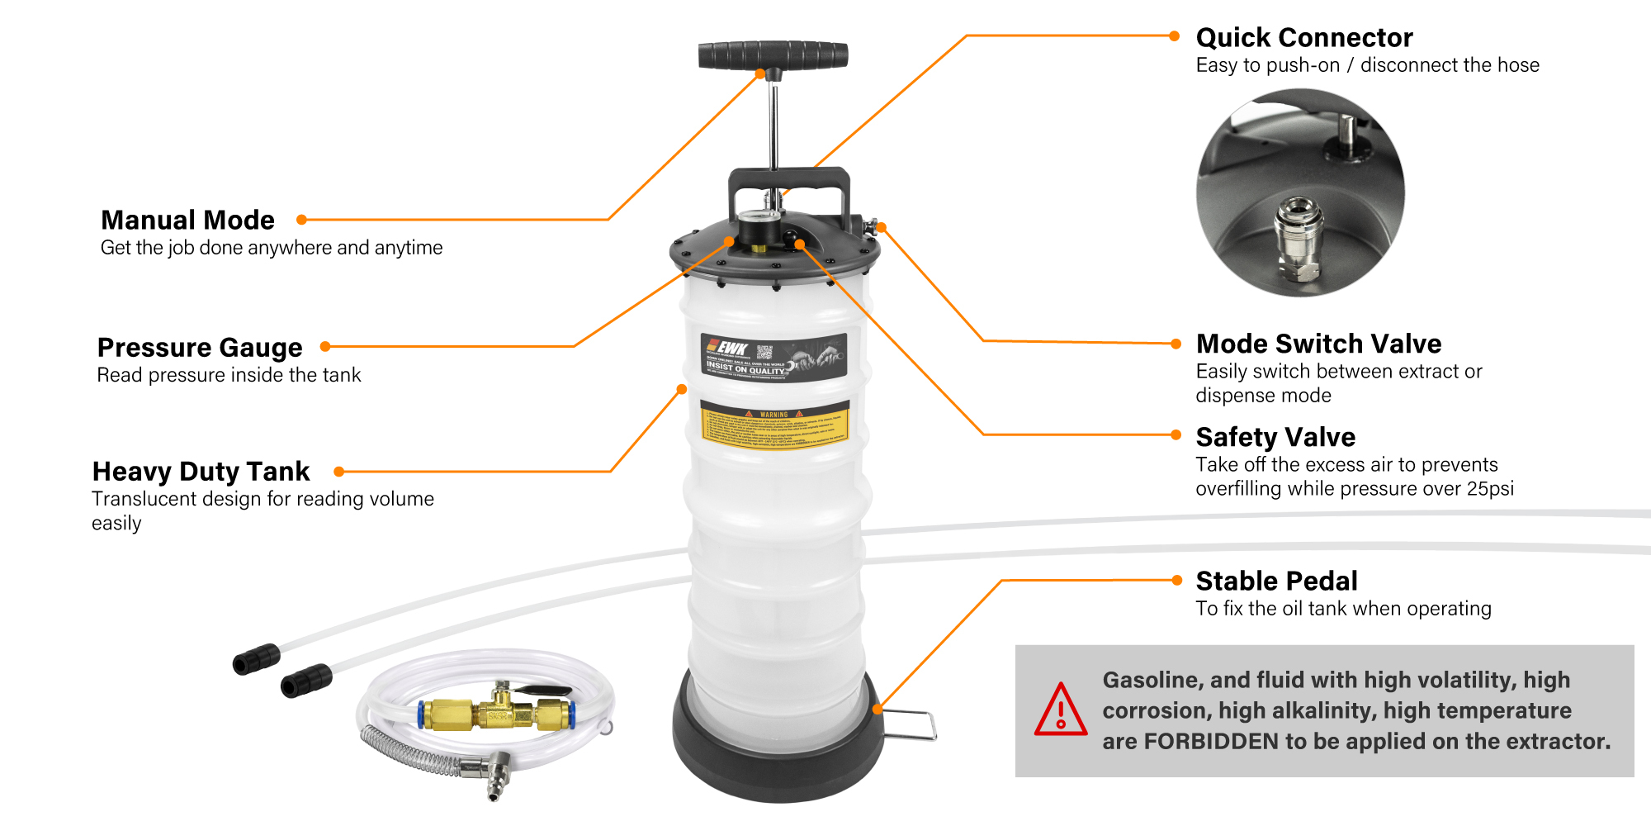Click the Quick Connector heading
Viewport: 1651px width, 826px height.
(x=1303, y=37)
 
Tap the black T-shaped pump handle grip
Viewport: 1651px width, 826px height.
(x=773, y=55)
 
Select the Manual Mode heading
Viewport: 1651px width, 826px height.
(x=187, y=220)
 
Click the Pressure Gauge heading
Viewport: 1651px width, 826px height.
(x=200, y=347)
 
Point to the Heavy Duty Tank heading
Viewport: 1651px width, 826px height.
(x=201, y=471)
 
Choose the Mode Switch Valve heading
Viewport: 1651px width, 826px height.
(x=1318, y=343)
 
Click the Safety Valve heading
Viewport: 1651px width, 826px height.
(x=1275, y=436)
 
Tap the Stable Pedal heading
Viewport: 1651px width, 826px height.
(x=1276, y=581)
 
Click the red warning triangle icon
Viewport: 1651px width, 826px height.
(x=1060, y=710)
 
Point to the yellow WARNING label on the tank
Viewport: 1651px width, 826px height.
(x=774, y=425)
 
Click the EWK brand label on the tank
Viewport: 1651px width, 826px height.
(x=773, y=358)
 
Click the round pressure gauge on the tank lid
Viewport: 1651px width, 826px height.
(x=759, y=225)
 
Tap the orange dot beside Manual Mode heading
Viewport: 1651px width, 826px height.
(x=302, y=220)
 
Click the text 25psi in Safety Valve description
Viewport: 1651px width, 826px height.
(x=1490, y=488)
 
